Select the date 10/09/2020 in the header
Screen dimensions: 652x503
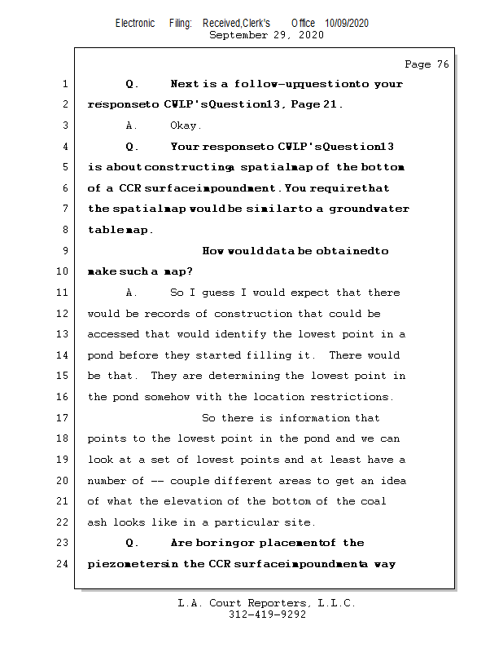346,24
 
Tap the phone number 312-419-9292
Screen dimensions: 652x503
267,615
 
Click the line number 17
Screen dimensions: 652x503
65,418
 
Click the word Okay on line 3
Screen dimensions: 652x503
186,126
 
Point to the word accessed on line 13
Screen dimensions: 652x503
113,334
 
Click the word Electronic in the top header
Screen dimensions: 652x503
135,24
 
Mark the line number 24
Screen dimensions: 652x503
65,564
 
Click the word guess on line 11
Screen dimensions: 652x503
211,293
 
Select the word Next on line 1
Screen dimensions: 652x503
184,84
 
